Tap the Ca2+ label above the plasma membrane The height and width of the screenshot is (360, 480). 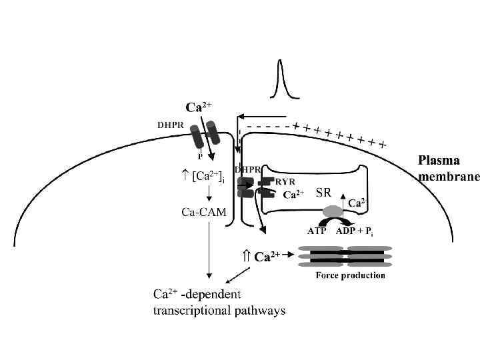(199, 107)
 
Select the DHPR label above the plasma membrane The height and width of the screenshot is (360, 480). (171, 124)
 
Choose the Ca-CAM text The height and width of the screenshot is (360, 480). (204, 213)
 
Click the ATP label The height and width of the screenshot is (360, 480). (317, 231)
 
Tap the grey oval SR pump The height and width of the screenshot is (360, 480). (332, 211)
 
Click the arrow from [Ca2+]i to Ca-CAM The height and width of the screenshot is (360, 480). (209, 194)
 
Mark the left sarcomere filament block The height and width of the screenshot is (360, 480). (319, 256)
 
